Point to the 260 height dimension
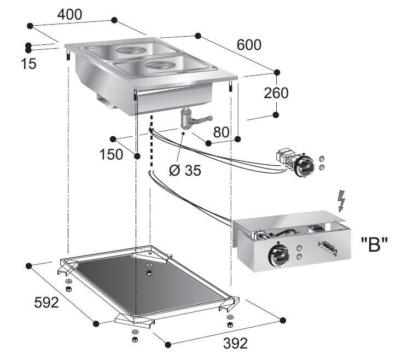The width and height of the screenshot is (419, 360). click(x=276, y=93)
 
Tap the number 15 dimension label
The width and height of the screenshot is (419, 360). click(x=28, y=64)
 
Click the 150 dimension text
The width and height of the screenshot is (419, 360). click(x=111, y=155)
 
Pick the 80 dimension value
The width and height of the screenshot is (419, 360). click(x=222, y=132)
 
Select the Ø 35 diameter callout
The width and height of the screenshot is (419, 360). click(x=185, y=170)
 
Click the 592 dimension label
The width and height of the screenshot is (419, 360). click(x=46, y=302)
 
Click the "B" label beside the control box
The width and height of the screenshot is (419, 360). click(x=374, y=245)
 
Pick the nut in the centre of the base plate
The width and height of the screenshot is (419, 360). click(x=149, y=272)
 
